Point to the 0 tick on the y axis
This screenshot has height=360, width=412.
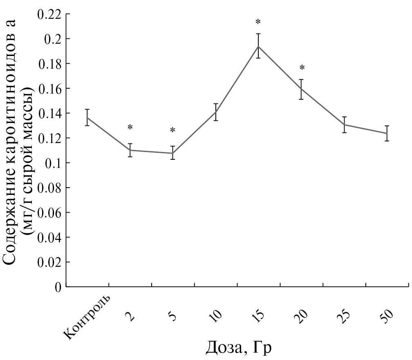[x=58, y=287]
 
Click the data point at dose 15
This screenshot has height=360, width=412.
[x=258, y=46]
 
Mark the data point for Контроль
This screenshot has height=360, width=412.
[x=87, y=118]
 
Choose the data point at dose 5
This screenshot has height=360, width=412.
[x=173, y=153]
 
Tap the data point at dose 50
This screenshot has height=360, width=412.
[x=387, y=133]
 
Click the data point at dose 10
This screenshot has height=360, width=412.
[x=216, y=112]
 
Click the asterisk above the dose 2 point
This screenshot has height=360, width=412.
[x=130, y=127]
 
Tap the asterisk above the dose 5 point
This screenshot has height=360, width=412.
[x=173, y=130]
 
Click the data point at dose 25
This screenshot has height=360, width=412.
[x=344, y=125]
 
